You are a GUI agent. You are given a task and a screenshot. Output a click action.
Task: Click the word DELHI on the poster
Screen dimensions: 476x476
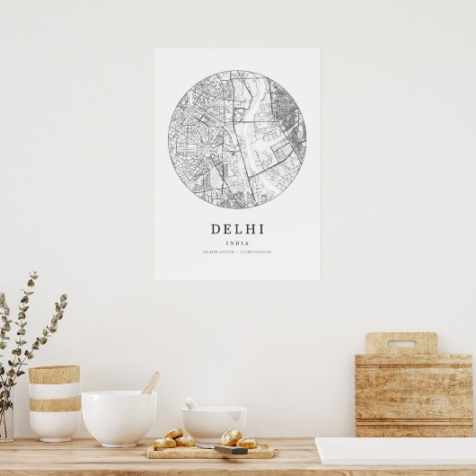pos(238,229)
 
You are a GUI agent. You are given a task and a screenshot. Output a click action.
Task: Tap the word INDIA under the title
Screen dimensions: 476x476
pos(238,243)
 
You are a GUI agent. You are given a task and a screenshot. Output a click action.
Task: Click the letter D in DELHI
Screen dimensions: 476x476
pos(216,229)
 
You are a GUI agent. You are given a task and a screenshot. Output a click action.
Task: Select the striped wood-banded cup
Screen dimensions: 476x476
pos(54,402)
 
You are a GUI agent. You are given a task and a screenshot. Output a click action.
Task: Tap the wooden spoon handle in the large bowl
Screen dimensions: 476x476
pos(150,383)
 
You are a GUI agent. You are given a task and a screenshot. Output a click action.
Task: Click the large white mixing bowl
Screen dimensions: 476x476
pos(119,417)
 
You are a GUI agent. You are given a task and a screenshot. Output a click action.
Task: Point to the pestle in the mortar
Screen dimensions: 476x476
pos(191,404)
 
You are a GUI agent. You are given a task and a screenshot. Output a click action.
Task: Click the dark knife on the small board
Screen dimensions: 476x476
pos(230,449)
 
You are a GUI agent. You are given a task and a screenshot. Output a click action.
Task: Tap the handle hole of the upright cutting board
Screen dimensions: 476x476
pos(401,344)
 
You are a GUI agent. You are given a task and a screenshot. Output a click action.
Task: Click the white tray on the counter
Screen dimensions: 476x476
pos(395,451)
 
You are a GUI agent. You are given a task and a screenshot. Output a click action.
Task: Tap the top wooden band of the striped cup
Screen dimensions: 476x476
pos(54,375)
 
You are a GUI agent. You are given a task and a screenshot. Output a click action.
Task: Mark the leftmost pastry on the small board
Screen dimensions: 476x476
pos(164,443)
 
